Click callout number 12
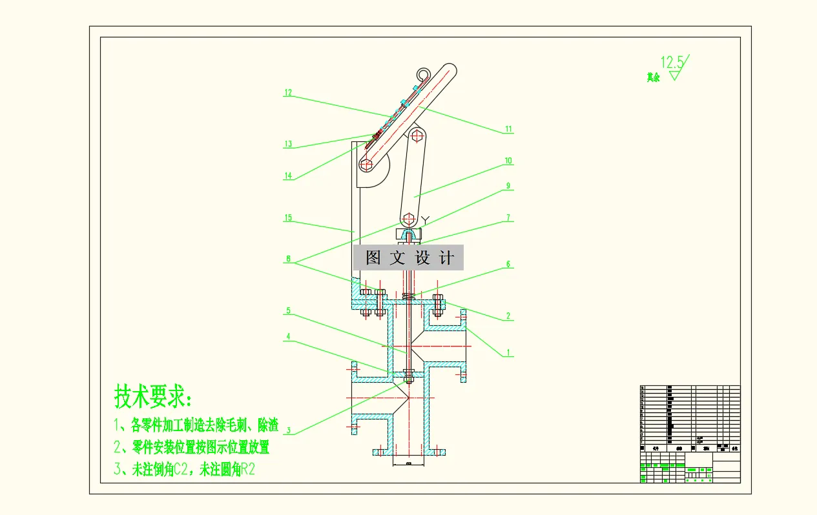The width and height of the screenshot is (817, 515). tap(288, 93)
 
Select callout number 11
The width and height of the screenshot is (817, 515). tap(508, 129)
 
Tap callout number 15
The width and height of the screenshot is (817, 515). tap(288, 218)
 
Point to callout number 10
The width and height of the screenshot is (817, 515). tap(508, 161)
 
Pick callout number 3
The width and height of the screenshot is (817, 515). tap(288, 430)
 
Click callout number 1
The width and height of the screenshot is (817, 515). tap(508, 352)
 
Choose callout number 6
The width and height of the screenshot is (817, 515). tap(508, 264)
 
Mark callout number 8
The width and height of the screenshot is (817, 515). tap(288, 261)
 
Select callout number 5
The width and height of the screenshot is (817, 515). tap(288, 310)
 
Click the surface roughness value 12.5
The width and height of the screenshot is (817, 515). tap(672, 63)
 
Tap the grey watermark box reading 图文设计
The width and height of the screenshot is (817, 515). tap(408, 258)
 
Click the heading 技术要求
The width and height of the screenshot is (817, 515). tap(153, 396)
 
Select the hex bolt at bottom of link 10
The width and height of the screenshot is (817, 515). tap(408, 217)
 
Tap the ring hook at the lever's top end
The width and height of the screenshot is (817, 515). tap(424, 75)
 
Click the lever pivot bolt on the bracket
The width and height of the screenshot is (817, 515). tap(366, 165)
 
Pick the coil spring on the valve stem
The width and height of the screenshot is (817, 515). tap(408, 296)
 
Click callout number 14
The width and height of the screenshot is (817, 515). tap(288, 176)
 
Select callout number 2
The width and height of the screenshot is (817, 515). tap(508, 316)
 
